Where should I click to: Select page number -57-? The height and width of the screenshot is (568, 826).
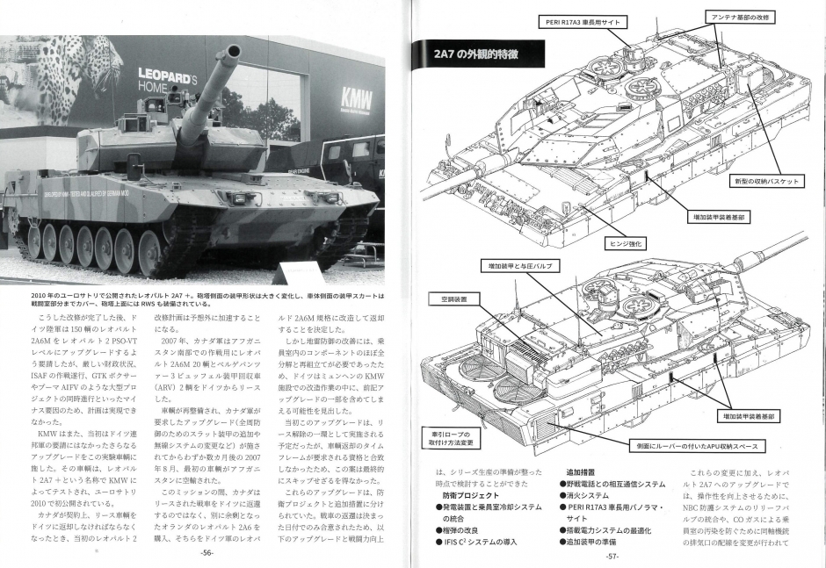pos(612,555)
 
